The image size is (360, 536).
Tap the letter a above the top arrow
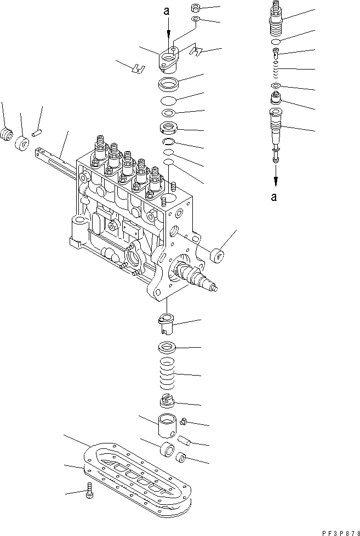click(168, 9)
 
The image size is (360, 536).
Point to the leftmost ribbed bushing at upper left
click(7, 135)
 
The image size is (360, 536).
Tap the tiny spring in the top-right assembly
click(277, 70)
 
